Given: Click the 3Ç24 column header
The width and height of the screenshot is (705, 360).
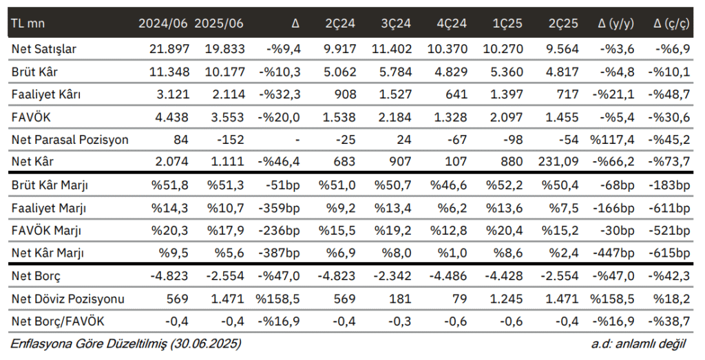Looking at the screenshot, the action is [x=396, y=23].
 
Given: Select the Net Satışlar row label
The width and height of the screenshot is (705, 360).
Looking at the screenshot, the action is [x=43, y=49].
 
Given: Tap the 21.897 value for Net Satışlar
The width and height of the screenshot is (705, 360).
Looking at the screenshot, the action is [x=169, y=49].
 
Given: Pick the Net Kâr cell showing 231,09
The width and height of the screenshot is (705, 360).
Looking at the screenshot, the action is [x=558, y=161].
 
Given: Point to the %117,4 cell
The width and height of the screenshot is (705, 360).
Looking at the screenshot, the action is [x=612, y=140].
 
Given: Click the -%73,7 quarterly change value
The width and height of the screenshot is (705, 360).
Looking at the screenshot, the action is [x=669, y=161].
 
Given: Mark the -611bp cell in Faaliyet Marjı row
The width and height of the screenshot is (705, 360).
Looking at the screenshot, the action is [x=669, y=208].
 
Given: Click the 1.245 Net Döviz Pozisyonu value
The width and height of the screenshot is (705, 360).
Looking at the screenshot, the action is [x=503, y=299].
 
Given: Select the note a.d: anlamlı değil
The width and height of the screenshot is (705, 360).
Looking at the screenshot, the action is [x=638, y=344].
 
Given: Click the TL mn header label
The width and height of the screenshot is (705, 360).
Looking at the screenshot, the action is [x=28, y=23].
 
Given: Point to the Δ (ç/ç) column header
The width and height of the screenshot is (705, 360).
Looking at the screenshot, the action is [x=671, y=24].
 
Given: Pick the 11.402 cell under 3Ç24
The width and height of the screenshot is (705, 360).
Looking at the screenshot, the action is [x=392, y=49].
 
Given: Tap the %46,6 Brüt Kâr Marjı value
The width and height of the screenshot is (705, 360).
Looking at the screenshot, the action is [x=448, y=185].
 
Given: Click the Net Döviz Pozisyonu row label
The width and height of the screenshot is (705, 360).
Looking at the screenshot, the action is [x=68, y=299].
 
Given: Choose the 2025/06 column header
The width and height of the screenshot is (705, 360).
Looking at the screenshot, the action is [x=219, y=23].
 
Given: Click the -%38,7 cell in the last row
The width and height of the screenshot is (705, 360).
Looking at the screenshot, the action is [x=669, y=321].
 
